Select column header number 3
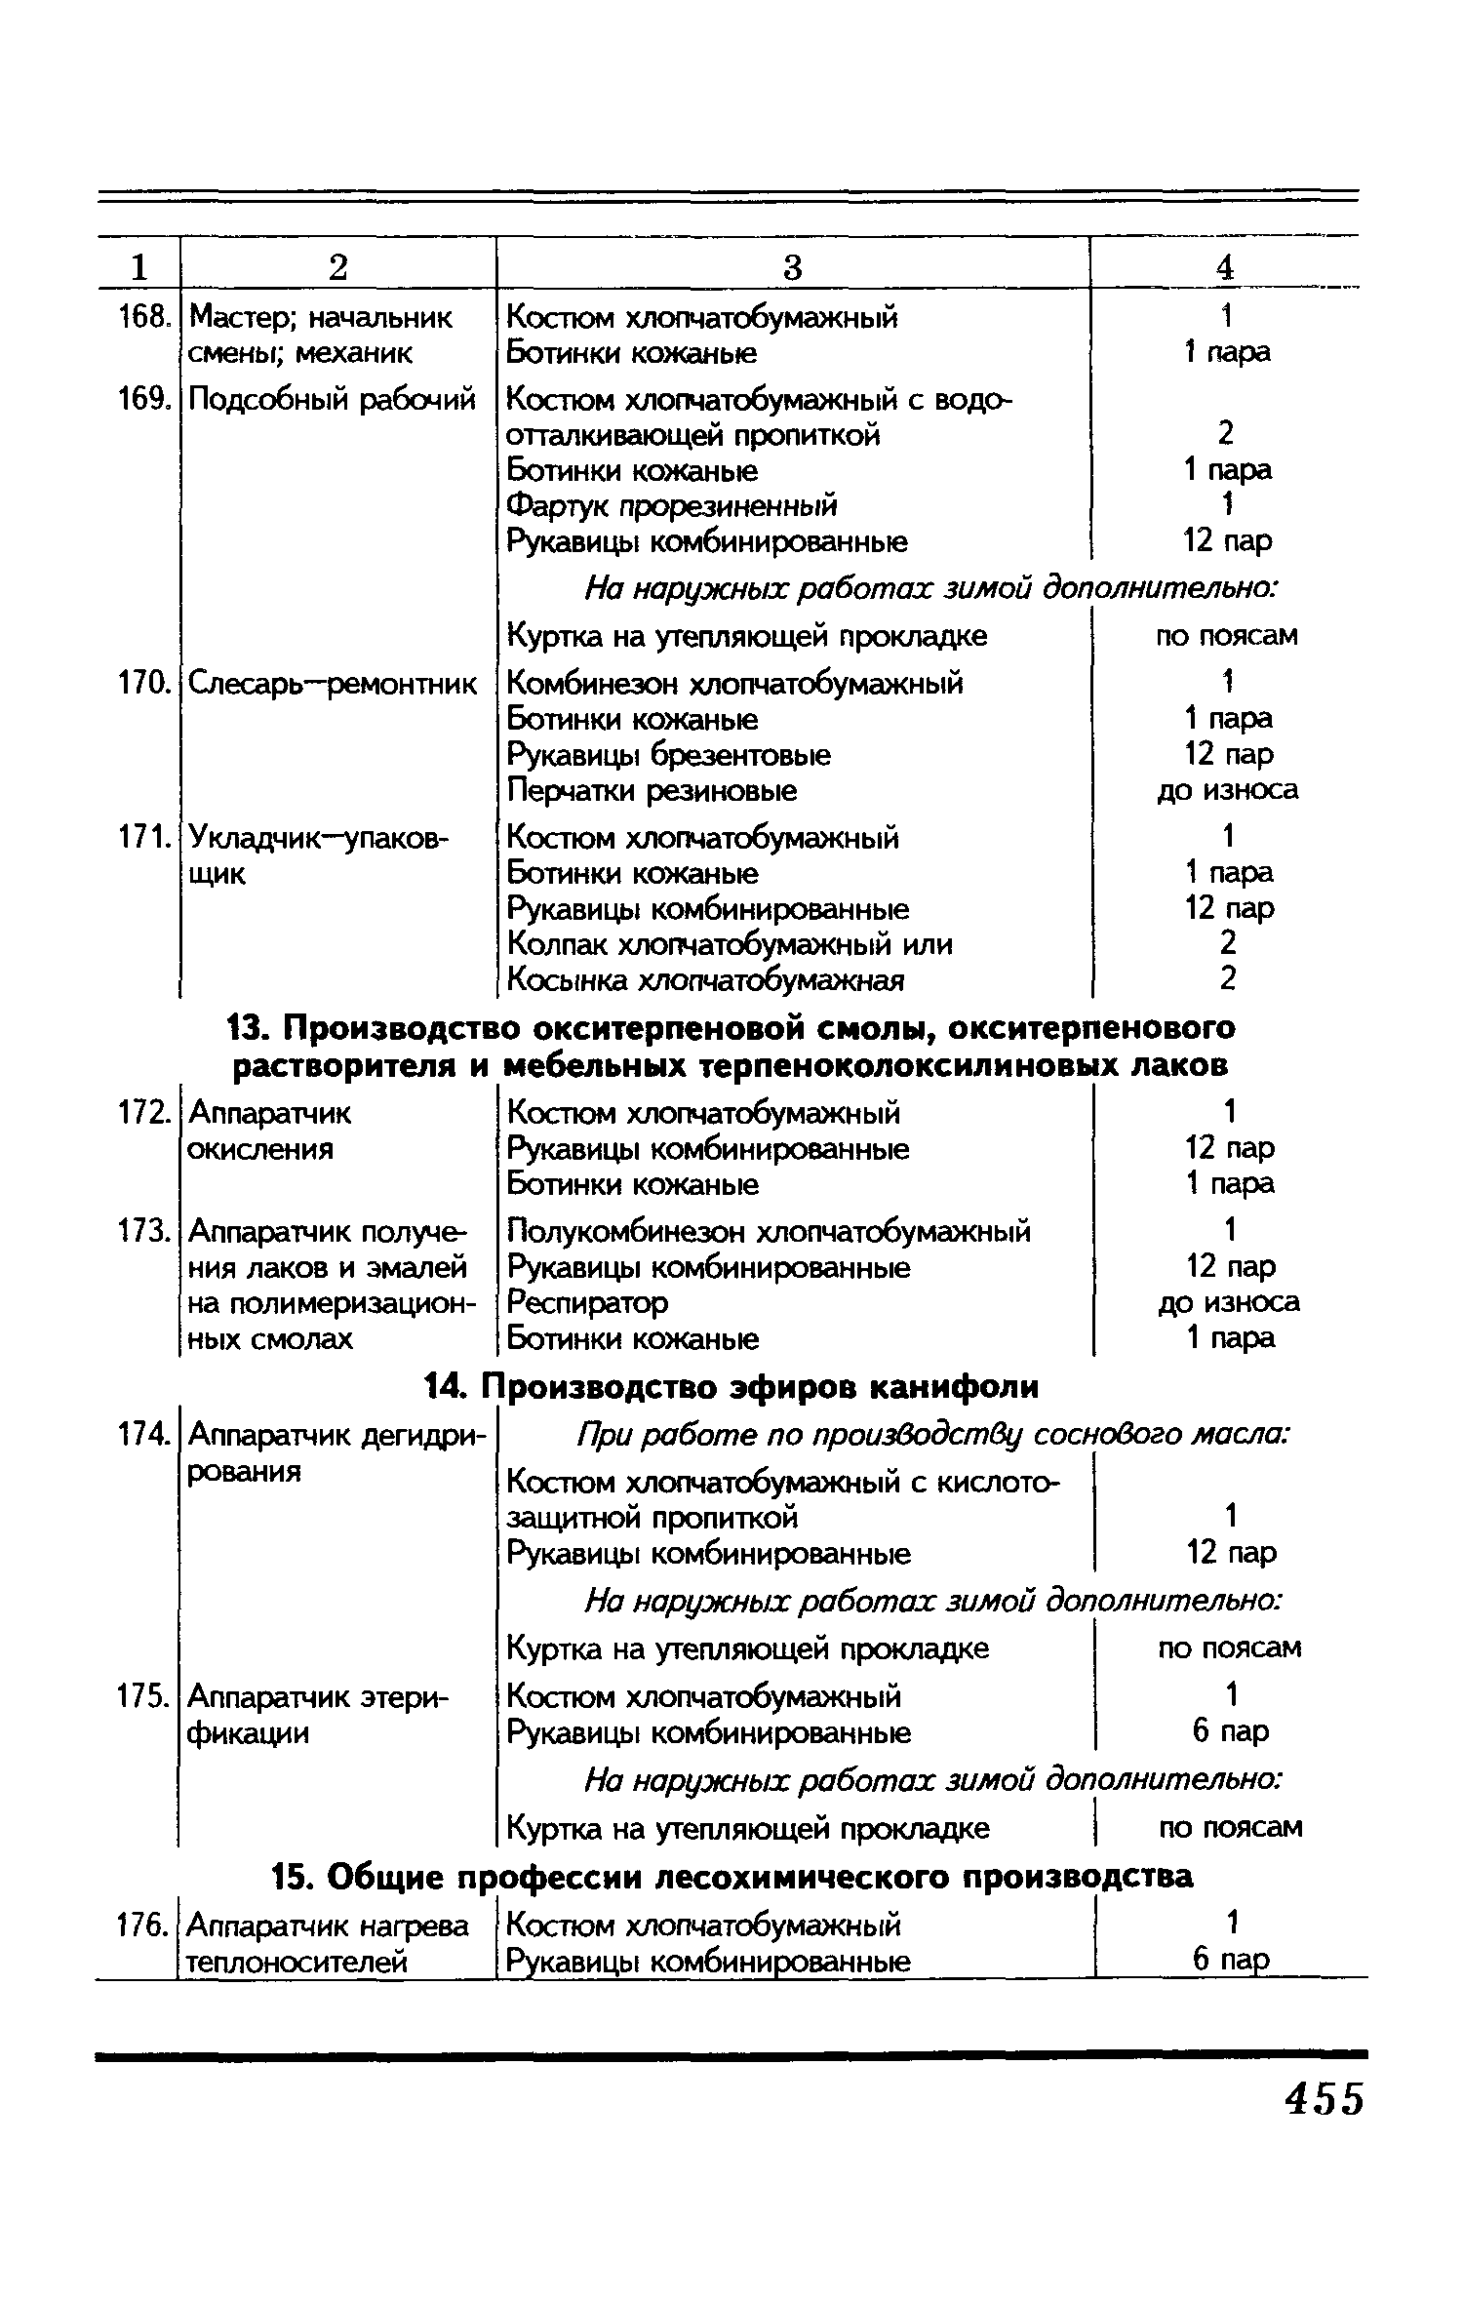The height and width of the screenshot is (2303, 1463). tap(792, 267)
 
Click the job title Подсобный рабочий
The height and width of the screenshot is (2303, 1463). tap(332, 400)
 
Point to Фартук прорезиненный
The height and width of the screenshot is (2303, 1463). tap(672, 505)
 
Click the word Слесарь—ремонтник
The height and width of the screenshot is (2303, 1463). tap(332, 684)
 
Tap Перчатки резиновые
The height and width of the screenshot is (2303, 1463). tap(652, 790)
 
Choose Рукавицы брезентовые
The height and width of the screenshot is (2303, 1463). tap(669, 755)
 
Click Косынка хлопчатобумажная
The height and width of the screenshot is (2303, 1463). tap(705, 979)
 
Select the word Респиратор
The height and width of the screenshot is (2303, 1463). tap(587, 1302)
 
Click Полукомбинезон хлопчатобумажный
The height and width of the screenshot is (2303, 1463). tap(769, 1232)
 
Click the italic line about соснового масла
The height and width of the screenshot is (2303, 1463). tap(933, 1435)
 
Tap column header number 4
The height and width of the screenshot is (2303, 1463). tap(1226, 267)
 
